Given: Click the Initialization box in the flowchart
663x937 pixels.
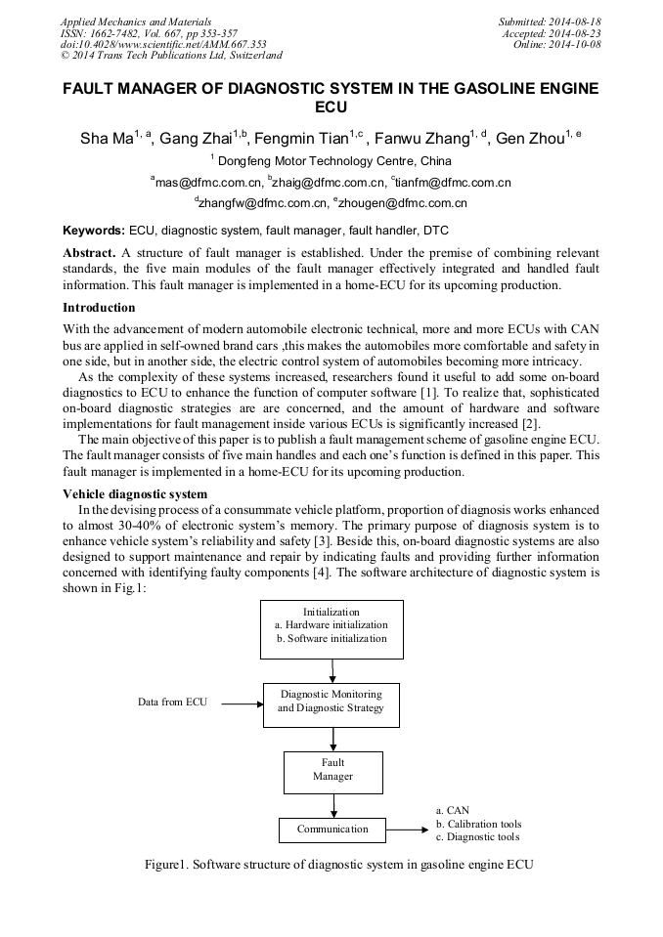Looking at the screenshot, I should pyautogui.click(x=331, y=626).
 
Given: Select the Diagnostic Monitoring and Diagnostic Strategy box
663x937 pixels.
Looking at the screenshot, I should pyautogui.click(x=331, y=702).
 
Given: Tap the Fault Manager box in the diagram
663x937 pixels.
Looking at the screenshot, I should pyautogui.click(x=332, y=771).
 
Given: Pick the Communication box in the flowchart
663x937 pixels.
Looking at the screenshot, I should pyautogui.click(x=332, y=830).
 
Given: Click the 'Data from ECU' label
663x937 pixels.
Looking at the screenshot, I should pyautogui.click(x=172, y=703).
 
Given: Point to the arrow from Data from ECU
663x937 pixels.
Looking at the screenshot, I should pyautogui.click(x=241, y=703).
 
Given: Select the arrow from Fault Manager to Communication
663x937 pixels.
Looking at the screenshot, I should pyautogui.click(x=333, y=806).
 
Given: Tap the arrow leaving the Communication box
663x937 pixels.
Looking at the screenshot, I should pyautogui.click(x=408, y=830).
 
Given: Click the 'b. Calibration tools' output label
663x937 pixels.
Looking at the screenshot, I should pyautogui.click(x=478, y=824).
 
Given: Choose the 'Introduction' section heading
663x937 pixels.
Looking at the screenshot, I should pyautogui.click(x=99, y=308).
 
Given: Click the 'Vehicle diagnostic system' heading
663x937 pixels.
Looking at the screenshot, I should pyautogui.click(x=134, y=493).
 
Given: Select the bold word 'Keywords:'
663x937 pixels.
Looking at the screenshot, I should pyautogui.click(x=94, y=231).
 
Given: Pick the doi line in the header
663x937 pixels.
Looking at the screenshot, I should pyautogui.click(x=162, y=45).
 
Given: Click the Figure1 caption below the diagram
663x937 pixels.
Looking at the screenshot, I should pyautogui.click(x=337, y=864).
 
